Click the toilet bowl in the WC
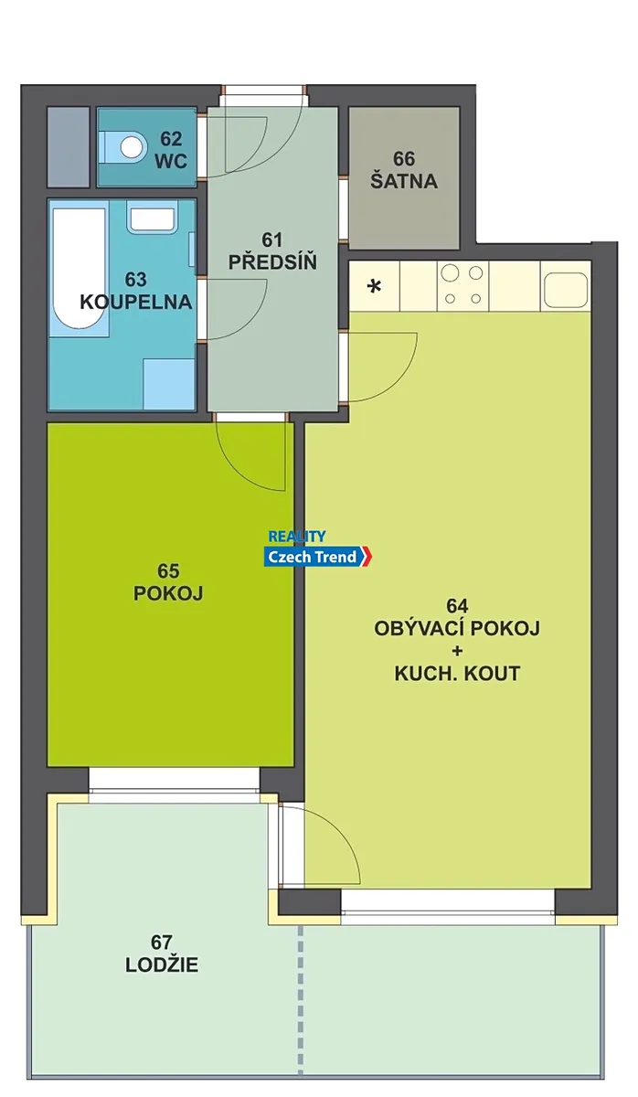point(122,146)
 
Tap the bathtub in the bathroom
point(80,269)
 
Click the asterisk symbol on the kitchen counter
point(375,286)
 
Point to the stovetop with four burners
point(463,286)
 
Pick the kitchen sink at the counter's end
point(566,289)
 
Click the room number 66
point(404,159)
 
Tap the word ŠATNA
point(404,181)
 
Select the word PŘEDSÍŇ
point(272,262)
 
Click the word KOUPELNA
point(136,303)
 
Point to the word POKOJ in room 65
point(168,593)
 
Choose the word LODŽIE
point(162,964)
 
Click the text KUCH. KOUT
point(457,674)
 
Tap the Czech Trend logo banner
point(318,557)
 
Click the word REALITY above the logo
point(297,537)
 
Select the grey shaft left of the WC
point(68,147)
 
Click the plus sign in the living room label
point(457,651)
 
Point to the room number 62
point(171,139)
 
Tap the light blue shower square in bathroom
point(169,384)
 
